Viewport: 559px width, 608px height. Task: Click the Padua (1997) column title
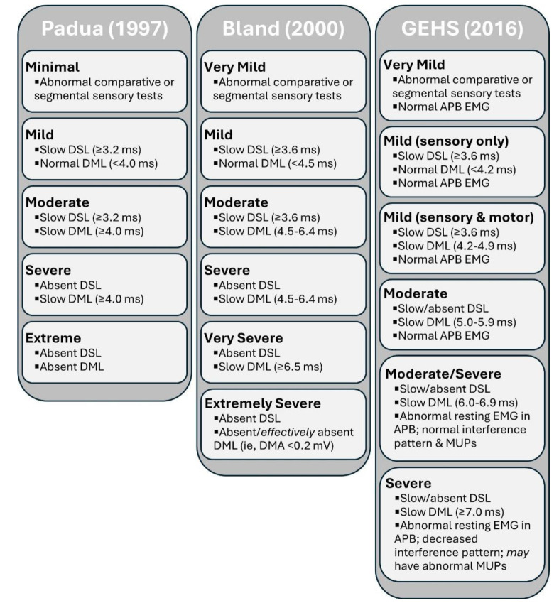105,31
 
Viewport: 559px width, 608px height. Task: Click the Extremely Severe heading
262,403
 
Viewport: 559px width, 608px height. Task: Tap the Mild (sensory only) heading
446,140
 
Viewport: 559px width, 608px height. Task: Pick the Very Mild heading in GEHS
414,65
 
